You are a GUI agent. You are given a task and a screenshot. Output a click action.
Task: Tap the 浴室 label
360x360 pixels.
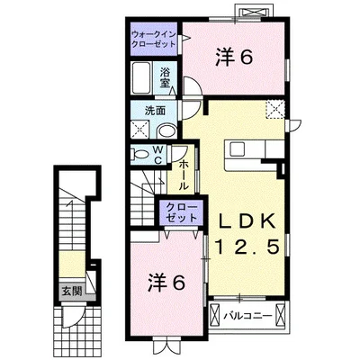pos(166,76)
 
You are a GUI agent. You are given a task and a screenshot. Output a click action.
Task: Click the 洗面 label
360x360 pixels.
pos(155,111)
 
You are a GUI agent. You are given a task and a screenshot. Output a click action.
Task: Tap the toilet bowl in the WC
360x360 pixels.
pos(142,155)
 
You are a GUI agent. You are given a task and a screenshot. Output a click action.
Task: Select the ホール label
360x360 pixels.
pos(182,174)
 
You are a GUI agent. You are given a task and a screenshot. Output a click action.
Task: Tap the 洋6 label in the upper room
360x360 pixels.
pos(232,57)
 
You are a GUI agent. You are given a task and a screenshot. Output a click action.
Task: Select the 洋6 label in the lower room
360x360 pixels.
pos(167,283)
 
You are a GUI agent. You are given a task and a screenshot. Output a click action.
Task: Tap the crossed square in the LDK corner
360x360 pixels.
pos(275,112)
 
